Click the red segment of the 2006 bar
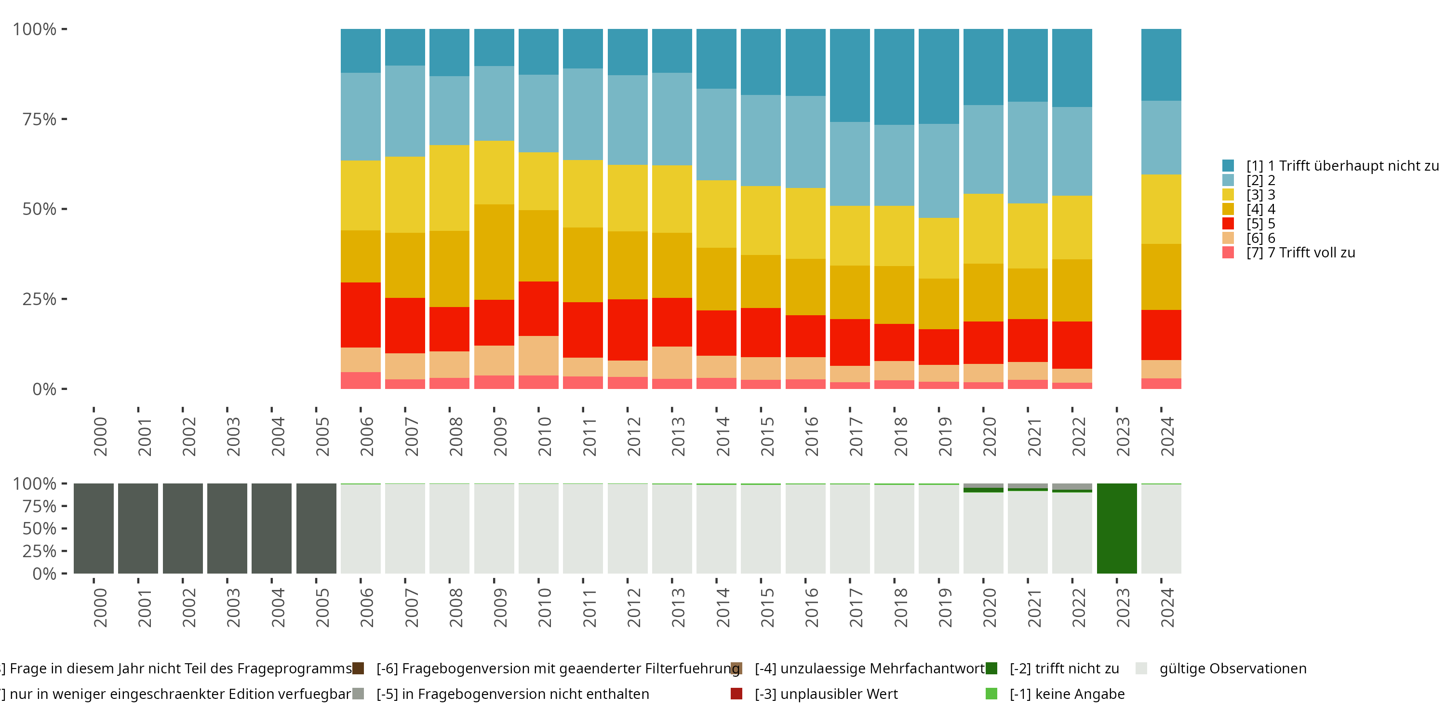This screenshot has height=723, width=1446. tap(361, 314)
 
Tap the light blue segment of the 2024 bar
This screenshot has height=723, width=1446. tap(1161, 137)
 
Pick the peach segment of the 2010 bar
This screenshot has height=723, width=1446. tap(538, 355)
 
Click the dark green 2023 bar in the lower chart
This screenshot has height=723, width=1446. tap(1116, 528)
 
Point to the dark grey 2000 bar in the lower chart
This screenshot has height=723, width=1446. tap(93, 528)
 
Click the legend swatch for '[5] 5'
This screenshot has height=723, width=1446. tap(1228, 224)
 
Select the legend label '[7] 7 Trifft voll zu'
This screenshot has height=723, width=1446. tap(1300, 253)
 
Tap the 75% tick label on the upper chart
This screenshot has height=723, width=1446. tap(40, 119)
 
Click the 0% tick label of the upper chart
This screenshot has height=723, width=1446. tap(44, 389)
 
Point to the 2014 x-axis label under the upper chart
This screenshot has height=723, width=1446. tap(723, 436)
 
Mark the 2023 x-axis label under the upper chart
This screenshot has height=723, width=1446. tap(1122, 436)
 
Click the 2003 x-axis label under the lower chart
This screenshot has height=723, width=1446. tap(233, 607)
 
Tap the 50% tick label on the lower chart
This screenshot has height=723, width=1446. tap(40, 528)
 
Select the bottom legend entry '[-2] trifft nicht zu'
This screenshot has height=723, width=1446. tap(1064, 669)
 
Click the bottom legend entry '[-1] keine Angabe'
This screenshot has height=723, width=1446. tap(1067, 694)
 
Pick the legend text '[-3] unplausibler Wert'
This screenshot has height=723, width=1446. tap(826, 694)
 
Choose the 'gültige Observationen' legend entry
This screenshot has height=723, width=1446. tap(1232, 669)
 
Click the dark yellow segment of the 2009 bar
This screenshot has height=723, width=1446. tap(494, 252)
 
